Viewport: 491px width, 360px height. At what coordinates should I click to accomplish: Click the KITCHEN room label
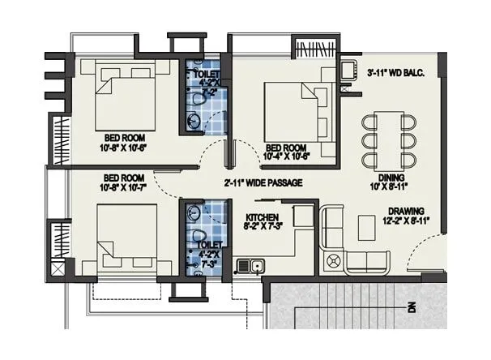pyautogui.click(x=262, y=218)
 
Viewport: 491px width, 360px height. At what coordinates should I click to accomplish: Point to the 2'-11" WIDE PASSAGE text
pyautogui.click(x=263, y=183)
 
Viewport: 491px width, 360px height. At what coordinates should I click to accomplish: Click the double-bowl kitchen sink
pyautogui.click(x=249, y=264)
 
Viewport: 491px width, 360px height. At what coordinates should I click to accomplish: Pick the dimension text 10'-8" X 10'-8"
pyautogui.click(x=122, y=148)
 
